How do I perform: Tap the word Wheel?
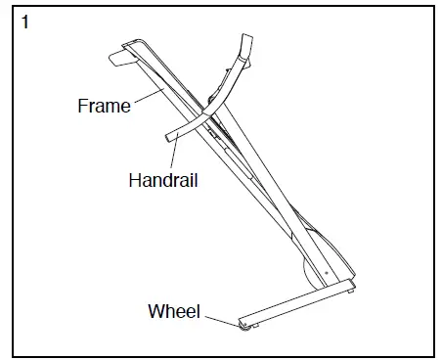(173, 312)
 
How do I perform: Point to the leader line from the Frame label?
(146, 96)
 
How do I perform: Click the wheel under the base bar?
(242, 324)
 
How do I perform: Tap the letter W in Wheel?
(155, 312)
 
